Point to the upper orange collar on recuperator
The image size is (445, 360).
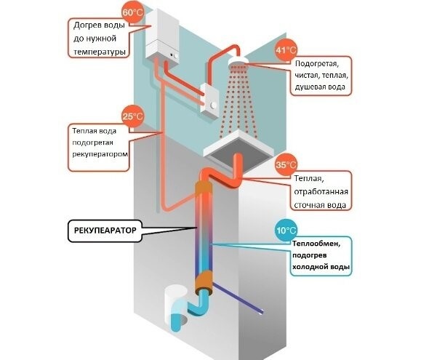204,191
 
